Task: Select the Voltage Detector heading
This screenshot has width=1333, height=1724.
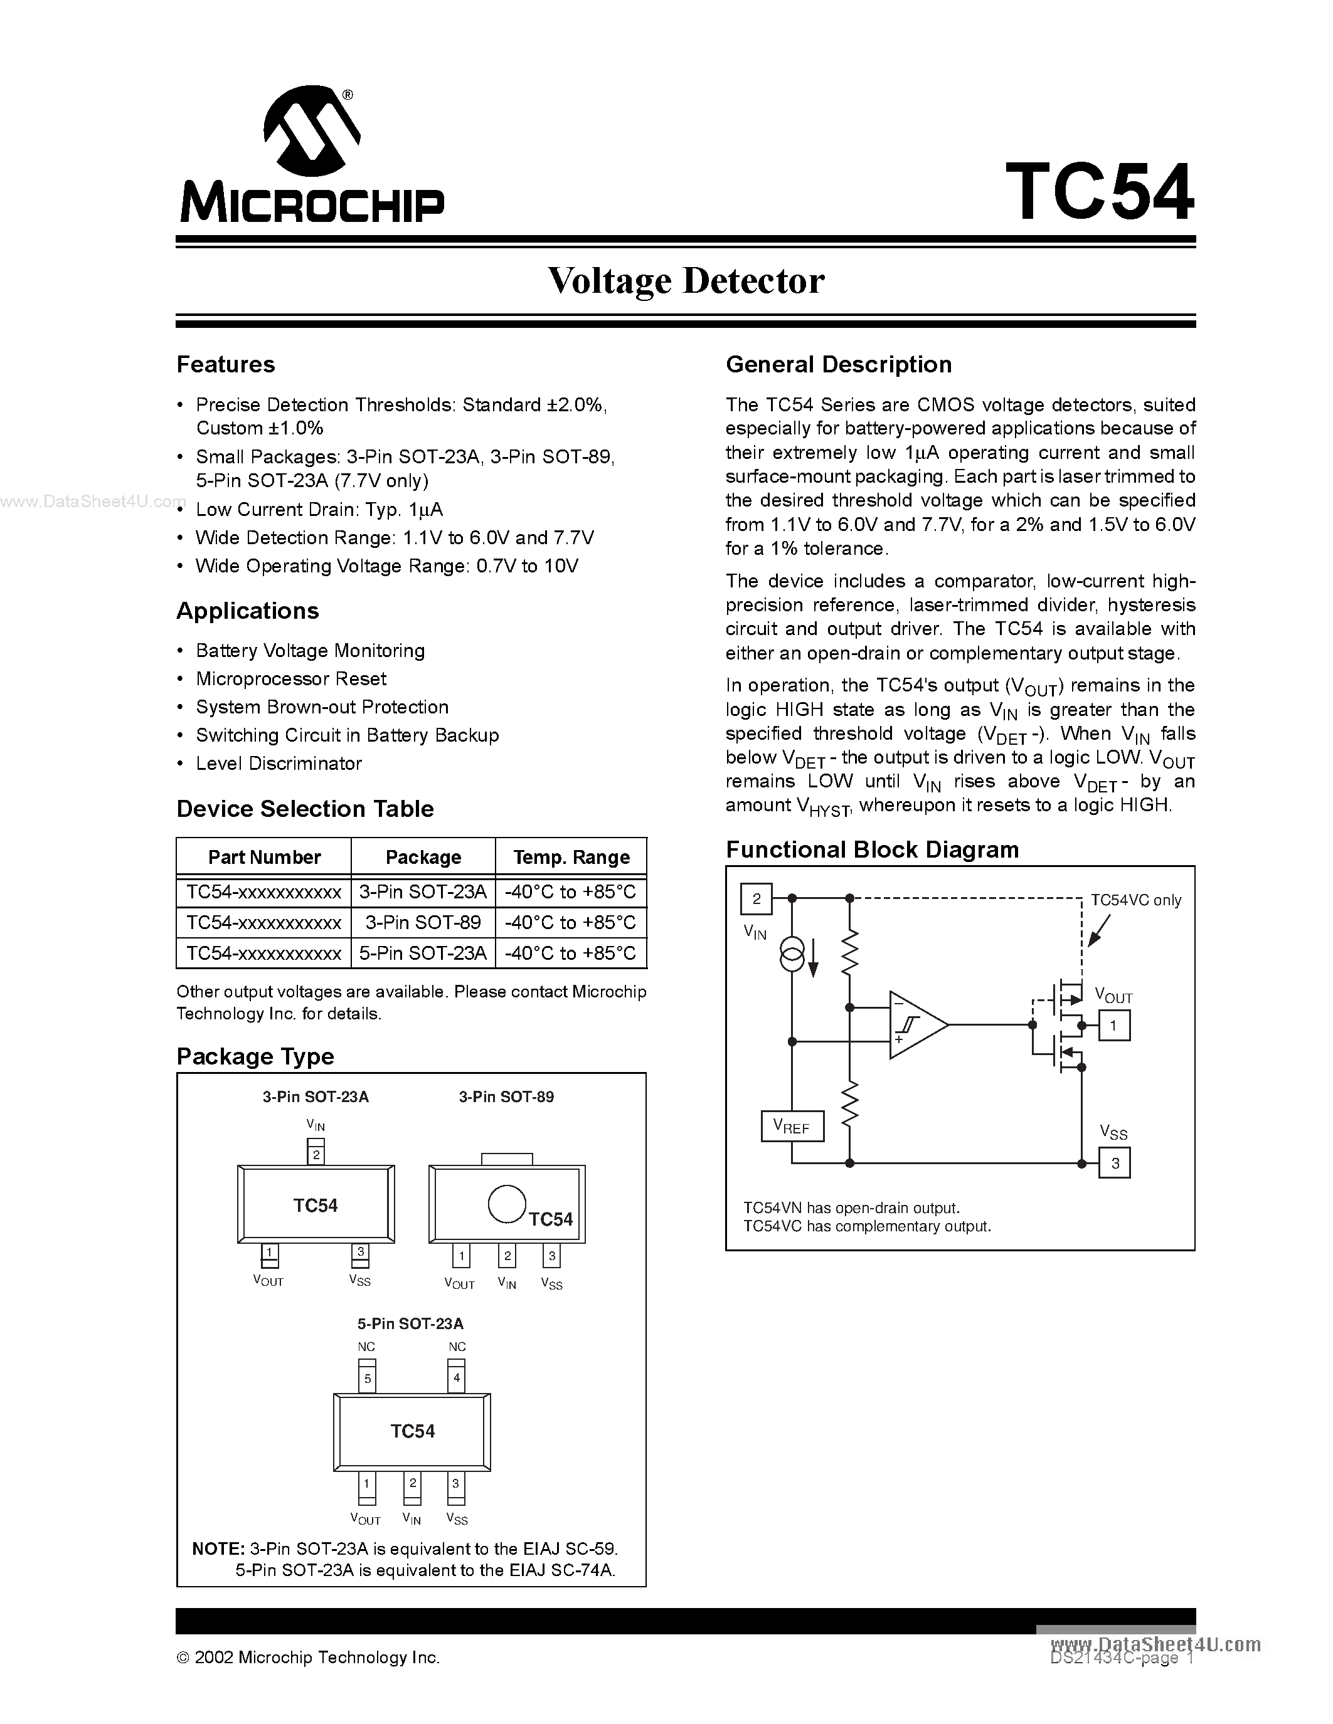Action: [686, 281]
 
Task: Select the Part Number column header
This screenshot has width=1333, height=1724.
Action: [263, 857]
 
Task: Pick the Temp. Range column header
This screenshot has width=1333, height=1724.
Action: [571, 857]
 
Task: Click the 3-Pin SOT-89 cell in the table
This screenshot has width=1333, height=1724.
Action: [423, 922]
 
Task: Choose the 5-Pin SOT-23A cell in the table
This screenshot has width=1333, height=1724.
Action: [423, 953]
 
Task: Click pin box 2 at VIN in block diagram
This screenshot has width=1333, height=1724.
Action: [756, 898]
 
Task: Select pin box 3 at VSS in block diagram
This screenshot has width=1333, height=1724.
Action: [1114, 1163]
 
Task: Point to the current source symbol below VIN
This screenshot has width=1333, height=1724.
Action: [791, 956]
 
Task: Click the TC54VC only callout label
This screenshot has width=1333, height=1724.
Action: [1135, 900]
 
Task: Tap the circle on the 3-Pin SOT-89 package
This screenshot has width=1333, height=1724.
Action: [506, 1204]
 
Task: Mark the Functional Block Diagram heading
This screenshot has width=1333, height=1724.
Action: [872, 849]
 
